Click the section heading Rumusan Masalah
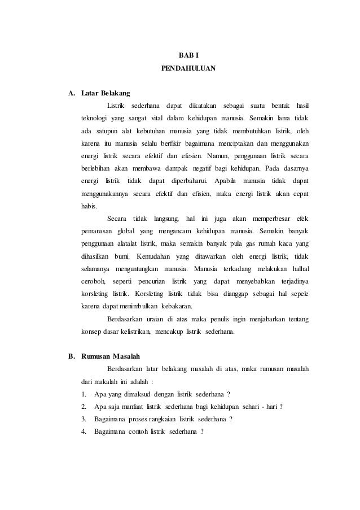point(112,356)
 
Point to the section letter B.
point(72,356)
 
